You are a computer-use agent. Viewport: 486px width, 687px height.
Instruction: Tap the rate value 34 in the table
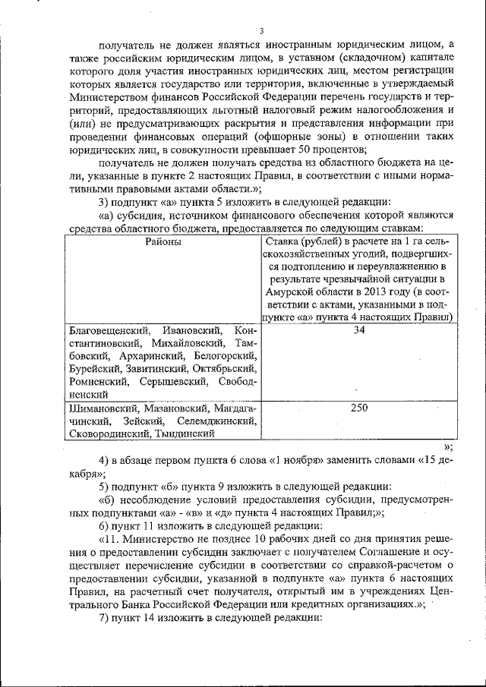360,331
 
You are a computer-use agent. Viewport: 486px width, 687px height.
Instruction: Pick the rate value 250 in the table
359,408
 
